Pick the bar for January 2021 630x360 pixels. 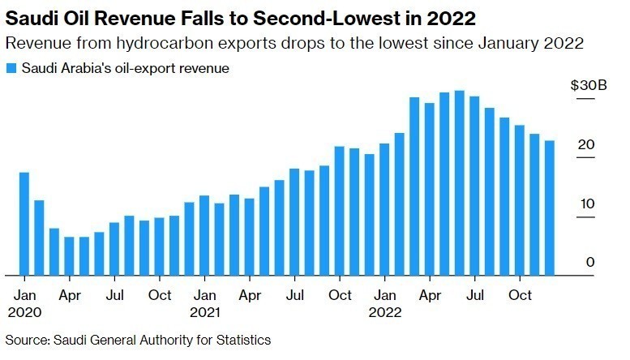(x=204, y=235)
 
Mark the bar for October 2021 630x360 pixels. (x=339, y=211)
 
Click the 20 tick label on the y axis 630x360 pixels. (x=587, y=144)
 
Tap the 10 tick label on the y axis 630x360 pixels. (x=587, y=204)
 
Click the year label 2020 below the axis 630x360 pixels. (x=24, y=311)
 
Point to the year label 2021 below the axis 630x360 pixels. (x=204, y=311)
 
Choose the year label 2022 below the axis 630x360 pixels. (x=384, y=311)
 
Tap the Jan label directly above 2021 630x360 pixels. (x=204, y=295)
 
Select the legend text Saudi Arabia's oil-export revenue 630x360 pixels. (x=125, y=69)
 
